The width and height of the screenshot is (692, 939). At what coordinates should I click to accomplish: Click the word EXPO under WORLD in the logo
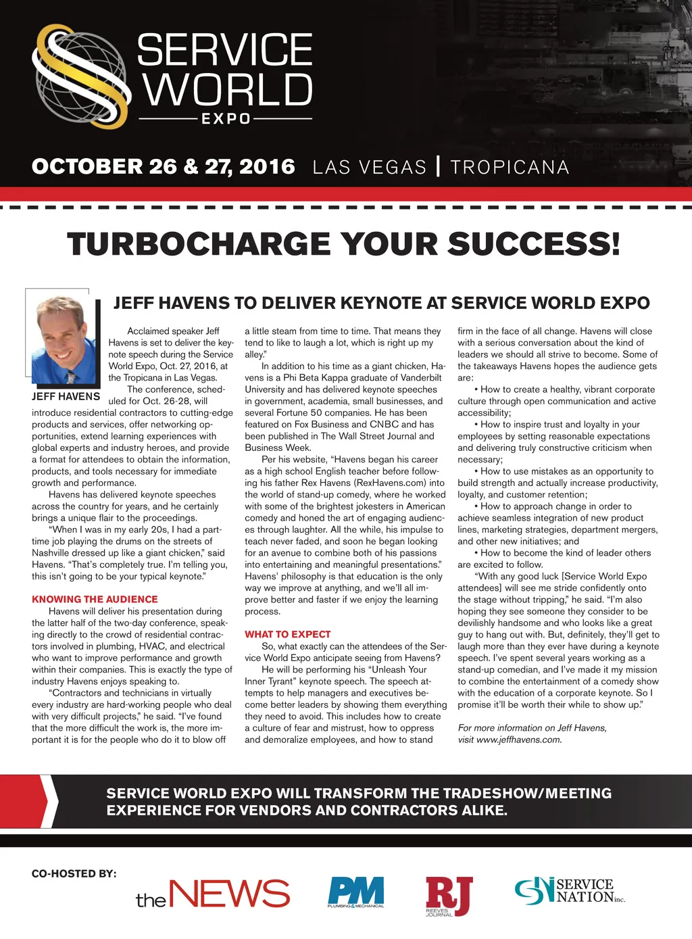coord(226,119)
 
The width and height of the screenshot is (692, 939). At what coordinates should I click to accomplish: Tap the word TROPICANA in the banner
coord(510,167)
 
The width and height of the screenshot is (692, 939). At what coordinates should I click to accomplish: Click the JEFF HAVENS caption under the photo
coord(66,396)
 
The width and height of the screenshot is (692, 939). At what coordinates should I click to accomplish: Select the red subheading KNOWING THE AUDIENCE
coord(95,599)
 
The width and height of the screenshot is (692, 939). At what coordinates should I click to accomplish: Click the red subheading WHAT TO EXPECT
coord(288,634)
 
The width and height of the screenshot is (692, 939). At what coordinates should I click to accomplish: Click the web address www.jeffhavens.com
coord(518,740)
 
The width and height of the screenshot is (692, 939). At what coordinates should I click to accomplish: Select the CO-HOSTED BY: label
coord(74,873)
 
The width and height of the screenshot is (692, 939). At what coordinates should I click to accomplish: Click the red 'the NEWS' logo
coord(213,894)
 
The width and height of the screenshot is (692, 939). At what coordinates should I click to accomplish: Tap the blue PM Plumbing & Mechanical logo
coord(356,892)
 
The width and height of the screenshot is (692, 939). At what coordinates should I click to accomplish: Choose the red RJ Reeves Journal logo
coord(449,896)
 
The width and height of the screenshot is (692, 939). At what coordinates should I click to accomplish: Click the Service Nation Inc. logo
coord(570,891)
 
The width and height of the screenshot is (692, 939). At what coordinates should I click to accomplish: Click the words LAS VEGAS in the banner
coord(370,167)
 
